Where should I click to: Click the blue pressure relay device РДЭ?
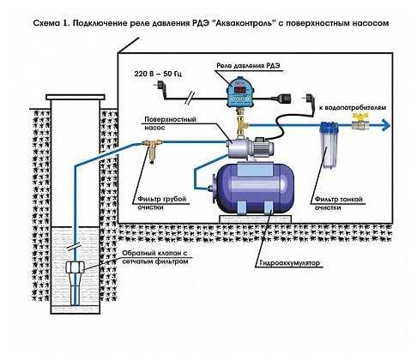239,93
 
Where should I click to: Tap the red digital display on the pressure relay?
239,89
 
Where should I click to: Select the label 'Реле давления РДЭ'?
248,66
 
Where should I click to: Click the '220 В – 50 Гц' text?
158,74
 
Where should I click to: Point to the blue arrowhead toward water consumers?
386,125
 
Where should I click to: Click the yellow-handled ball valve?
360,122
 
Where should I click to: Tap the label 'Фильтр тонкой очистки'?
339,203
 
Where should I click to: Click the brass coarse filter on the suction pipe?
152,149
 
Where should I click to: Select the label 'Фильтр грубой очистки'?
162,203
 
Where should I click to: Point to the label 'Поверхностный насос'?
170,123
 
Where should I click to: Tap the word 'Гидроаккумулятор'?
289,262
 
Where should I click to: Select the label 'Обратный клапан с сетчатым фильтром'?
155,257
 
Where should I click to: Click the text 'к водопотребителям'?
353,108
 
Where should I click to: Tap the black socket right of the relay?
284,99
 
